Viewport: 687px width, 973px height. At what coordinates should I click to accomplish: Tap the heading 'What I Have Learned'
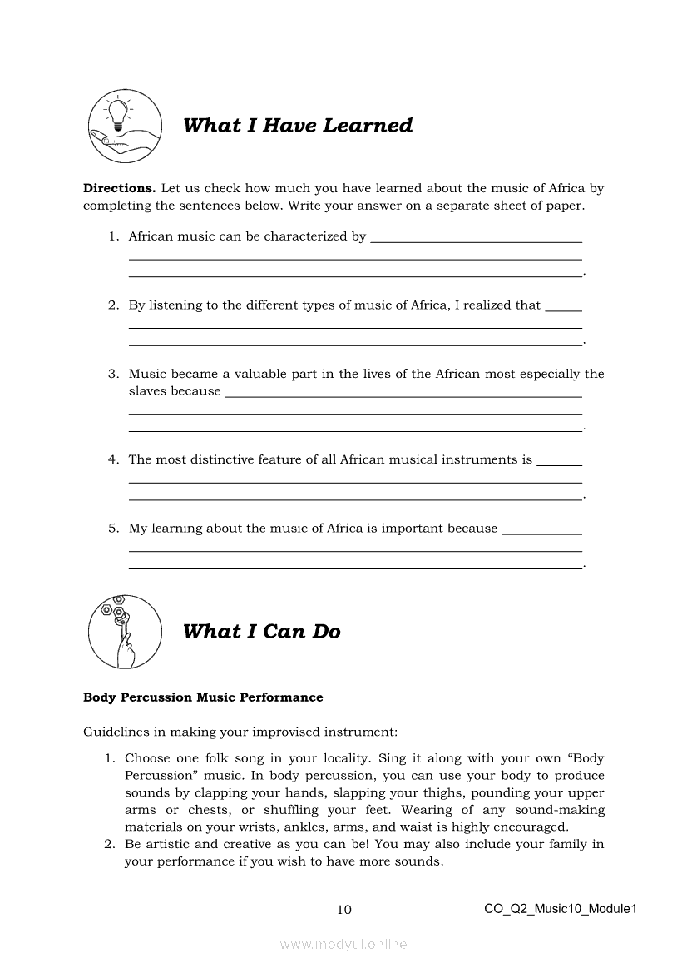tap(298, 126)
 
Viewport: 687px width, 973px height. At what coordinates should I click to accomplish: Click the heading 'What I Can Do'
tap(261, 632)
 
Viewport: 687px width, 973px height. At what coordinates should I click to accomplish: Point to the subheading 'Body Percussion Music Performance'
tap(203, 697)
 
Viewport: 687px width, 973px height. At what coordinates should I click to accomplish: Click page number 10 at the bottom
tap(343, 910)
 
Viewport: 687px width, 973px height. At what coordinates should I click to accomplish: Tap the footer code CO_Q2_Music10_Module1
tap(560, 909)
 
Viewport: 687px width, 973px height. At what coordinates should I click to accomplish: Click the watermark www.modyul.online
tap(343, 944)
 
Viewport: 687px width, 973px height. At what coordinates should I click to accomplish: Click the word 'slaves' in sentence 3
tap(147, 391)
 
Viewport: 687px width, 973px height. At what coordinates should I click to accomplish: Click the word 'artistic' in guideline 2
tap(166, 845)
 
